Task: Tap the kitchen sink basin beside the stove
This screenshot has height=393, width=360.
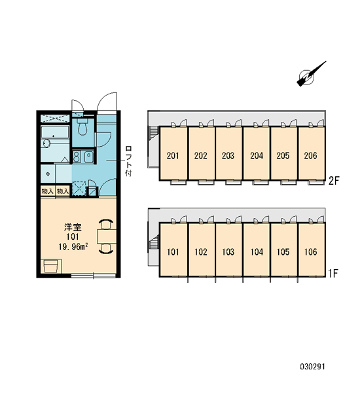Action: [x=88, y=157]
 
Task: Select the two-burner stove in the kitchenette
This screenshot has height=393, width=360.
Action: [x=77, y=157]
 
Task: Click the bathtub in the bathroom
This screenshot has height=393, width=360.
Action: [x=55, y=132]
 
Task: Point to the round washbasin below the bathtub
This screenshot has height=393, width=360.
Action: [x=47, y=143]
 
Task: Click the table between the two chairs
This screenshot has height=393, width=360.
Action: [x=107, y=236]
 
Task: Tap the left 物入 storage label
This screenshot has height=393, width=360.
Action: [x=48, y=191]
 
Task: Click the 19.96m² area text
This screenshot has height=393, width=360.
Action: [x=73, y=247]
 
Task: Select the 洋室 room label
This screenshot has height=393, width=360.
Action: [x=73, y=227]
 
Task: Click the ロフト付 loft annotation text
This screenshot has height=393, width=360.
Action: [x=128, y=161]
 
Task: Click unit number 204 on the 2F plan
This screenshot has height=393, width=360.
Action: [x=257, y=156]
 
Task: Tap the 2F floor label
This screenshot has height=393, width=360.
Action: [x=334, y=181]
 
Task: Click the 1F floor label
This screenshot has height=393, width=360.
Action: [x=333, y=273]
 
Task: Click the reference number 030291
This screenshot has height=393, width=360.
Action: [x=312, y=367]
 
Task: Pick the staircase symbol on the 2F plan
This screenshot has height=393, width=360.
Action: [x=154, y=133]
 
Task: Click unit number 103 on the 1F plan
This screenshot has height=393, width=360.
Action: [x=228, y=252]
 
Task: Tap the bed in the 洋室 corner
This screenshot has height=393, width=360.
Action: [x=51, y=266]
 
